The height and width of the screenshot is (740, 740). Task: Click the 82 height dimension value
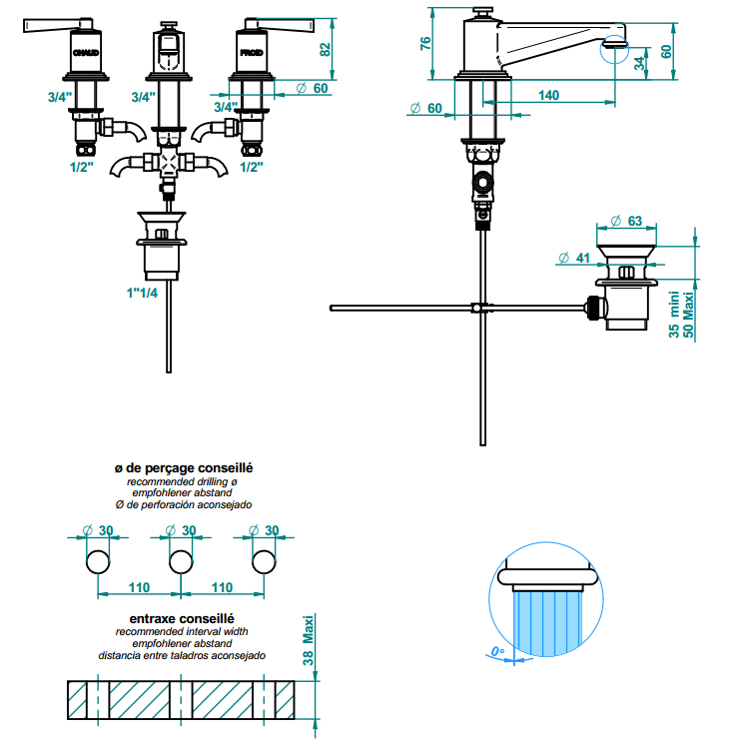tap(325, 49)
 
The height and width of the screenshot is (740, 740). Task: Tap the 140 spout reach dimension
tap(547, 95)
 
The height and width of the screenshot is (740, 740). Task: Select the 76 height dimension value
tap(424, 43)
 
